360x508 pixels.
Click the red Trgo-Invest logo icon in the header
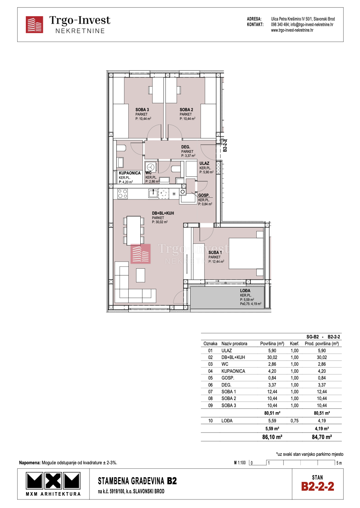(x=34, y=25)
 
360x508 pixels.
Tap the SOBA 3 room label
(x=142, y=110)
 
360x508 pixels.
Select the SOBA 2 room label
(x=186, y=110)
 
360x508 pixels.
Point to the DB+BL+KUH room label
(x=163, y=213)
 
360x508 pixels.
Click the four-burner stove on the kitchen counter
(x=122, y=194)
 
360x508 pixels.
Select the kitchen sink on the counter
(x=153, y=193)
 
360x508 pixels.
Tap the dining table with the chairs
(x=133, y=230)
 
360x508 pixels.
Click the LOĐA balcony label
(x=245, y=290)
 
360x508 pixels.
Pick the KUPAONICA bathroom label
(x=130, y=173)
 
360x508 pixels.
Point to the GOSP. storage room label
(x=204, y=195)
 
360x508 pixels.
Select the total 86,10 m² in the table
(x=272, y=437)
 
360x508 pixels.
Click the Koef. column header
(x=294, y=343)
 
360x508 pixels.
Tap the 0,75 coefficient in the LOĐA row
(x=294, y=420)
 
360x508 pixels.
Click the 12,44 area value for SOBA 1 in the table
(x=272, y=391)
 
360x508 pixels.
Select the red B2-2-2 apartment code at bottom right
(x=317, y=486)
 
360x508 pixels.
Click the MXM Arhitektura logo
(x=53, y=484)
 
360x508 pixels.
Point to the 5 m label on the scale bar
(x=339, y=463)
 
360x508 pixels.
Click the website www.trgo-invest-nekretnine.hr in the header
(x=292, y=30)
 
